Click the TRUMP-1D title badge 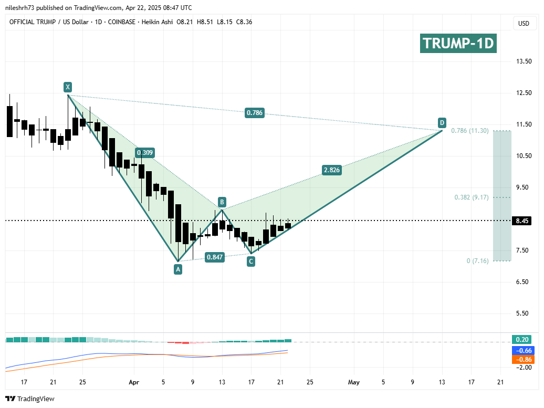coord(458,43)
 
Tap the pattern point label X coord(67,87)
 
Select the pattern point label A coord(178,269)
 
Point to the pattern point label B coord(222,202)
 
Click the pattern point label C coord(251,261)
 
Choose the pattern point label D coord(442,123)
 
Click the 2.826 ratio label coord(331,170)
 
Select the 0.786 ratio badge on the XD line coord(254,112)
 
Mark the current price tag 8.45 coord(522,221)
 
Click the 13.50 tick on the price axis coord(523,61)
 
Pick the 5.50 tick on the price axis coord(523,313)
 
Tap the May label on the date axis coord(353,382)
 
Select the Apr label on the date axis coord(134,382)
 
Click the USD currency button coord(524,23)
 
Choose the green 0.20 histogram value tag coord(522,339)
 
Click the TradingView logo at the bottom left coord(30,399)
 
